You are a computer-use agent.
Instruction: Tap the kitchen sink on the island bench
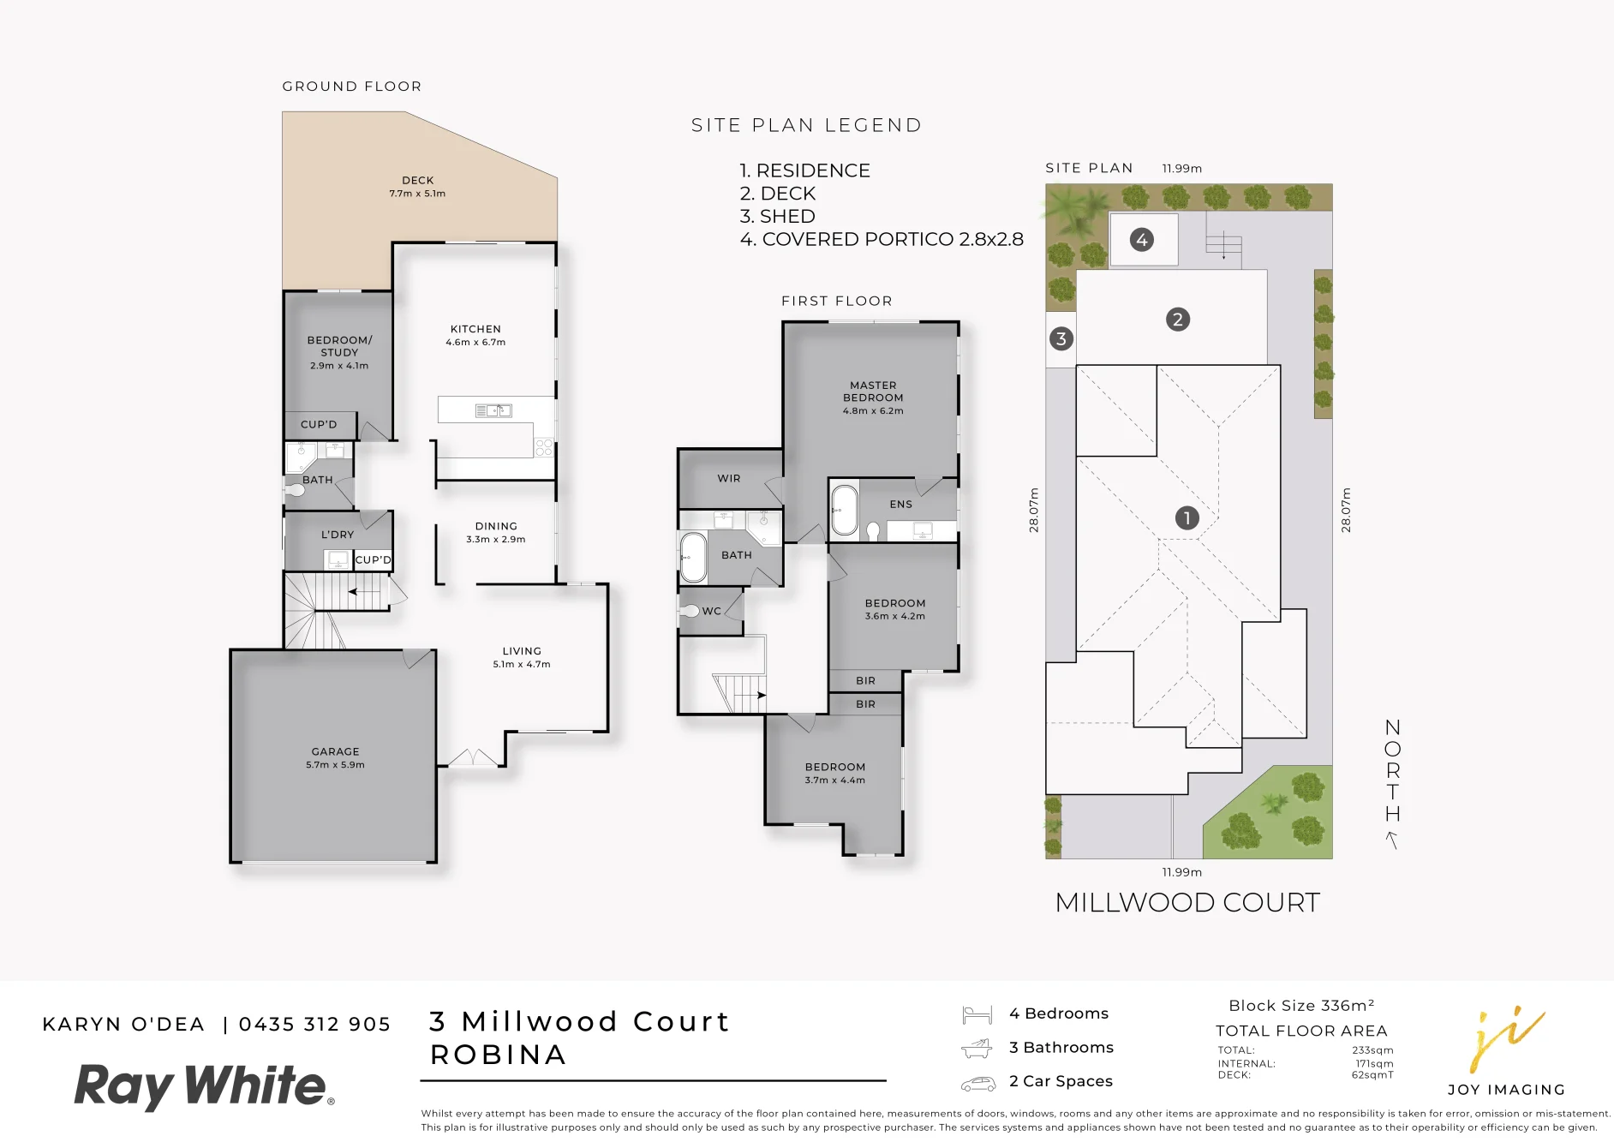(x=493, y=411)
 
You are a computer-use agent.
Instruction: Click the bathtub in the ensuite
(x=844, y=511)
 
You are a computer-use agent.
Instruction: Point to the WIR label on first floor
(x=729, y=479)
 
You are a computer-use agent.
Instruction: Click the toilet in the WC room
(x=690, y=611)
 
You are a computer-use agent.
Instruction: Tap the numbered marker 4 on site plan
(x=1141, y=240)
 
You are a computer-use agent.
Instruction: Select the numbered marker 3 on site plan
(x=1061, y=338)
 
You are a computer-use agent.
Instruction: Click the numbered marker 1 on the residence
(x=1187, y=517)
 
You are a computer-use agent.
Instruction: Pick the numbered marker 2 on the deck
(x=1178, y=320)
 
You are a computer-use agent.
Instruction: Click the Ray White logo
(x=204, y=1086)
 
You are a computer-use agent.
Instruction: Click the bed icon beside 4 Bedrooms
(x=977, y=1014)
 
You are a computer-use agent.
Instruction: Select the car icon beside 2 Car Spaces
(x=977, y=1084)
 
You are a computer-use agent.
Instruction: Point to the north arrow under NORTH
(x=1392, y=840)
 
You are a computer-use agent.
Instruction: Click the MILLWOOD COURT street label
(x=1187, y=902)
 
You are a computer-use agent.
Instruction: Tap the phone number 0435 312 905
(x=314, y=1025)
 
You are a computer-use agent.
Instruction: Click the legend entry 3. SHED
(x=777, y=216)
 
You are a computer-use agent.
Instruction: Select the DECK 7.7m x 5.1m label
(x=417, y=187)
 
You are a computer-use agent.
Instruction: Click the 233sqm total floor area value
(x=1372, y=1050)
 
